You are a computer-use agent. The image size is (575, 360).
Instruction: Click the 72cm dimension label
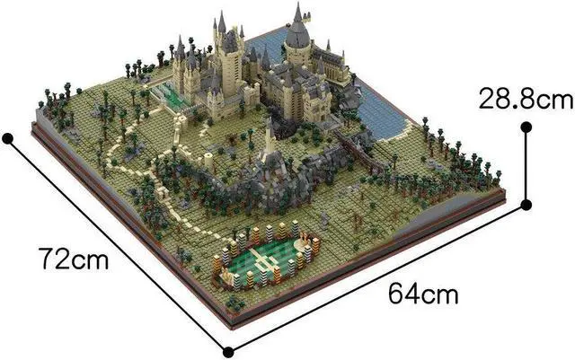point(75,261)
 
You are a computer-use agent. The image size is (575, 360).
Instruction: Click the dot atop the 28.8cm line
point(526,128)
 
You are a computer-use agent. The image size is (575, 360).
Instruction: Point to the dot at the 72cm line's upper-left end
point(8,138)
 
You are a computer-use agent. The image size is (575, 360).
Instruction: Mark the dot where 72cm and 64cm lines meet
point(228,350)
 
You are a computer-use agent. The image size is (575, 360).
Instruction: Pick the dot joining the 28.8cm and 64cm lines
point(526,206)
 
